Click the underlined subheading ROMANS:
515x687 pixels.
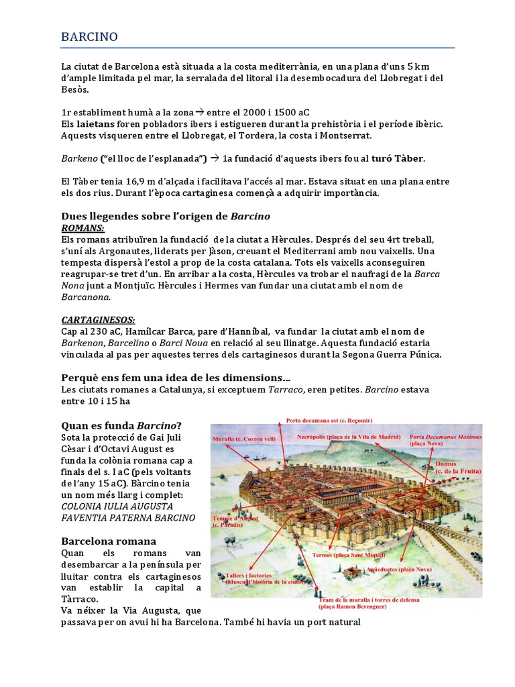(82, 227)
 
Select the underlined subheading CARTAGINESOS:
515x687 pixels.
(98, 320)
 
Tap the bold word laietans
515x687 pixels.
(95, 124)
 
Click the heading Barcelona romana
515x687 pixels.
(108, 541)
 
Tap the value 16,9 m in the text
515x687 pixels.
(129, 182)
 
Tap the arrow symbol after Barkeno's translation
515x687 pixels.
(215, 158)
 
